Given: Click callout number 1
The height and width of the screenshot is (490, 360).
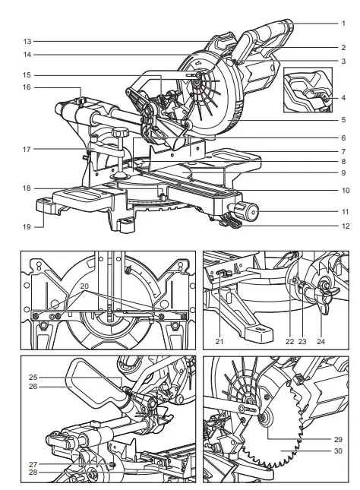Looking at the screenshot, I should [x=343, y=24].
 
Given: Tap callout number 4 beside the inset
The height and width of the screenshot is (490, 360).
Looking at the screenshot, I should [x=343, y=98].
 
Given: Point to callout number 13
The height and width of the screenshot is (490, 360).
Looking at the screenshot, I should [x=27, y=41].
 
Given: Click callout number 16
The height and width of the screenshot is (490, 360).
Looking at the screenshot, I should [x=27, y=88].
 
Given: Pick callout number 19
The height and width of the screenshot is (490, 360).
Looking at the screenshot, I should [x=27, y=226].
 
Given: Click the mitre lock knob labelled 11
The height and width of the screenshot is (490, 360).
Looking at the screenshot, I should [x=246, y=211].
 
